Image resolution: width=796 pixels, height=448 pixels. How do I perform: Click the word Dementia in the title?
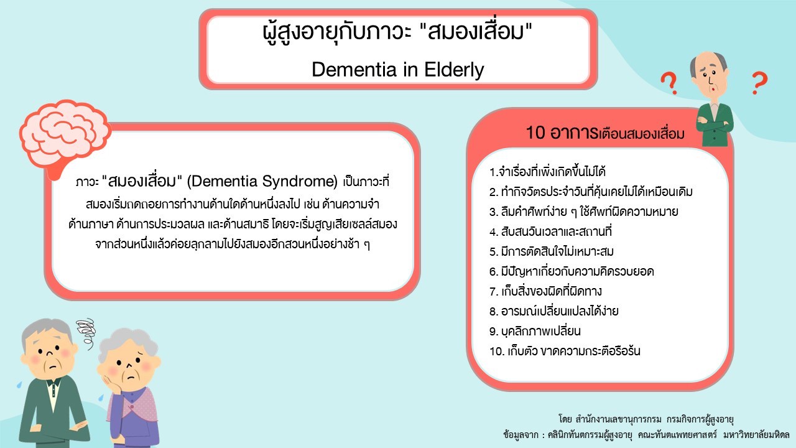click(354, 69)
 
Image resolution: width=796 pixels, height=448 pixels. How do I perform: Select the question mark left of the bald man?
click(669, 83)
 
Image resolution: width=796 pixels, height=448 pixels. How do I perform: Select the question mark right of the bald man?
click(760, 83)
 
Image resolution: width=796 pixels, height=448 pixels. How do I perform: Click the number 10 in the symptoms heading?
click(535, 133)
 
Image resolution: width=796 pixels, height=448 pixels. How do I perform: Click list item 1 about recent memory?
click(547, 172)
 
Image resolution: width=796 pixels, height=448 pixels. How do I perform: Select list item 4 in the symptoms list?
click(550, 232)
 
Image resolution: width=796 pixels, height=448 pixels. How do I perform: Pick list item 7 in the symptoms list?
click(545, 291)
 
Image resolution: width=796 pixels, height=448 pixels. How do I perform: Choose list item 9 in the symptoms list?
click(535, 332)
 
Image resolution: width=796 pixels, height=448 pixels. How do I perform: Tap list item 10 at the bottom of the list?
click(565, 352)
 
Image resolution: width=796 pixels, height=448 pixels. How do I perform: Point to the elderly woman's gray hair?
click(128, 343)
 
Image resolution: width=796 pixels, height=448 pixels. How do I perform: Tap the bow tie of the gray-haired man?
click(53, 383)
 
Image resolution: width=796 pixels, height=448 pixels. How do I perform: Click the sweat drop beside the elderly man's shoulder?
click(19, 385)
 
